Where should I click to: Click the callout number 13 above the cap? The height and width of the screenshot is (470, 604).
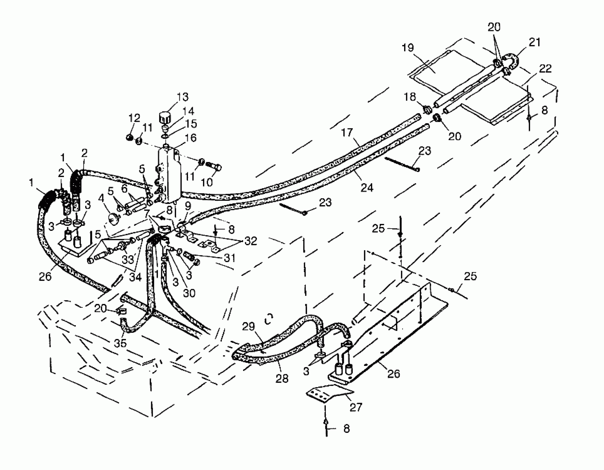point(182,97)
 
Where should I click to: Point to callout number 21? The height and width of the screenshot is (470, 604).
point(534,42)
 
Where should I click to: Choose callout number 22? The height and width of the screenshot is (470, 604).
point(545,69)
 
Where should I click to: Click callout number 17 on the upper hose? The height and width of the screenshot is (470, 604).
point(347,132)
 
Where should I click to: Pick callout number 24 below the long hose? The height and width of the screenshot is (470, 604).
point(367,187)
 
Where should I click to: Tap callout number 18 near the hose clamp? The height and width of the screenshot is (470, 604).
point(410,97)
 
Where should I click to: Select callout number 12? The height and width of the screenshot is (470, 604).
point(134,118)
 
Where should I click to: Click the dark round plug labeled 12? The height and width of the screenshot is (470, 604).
point(129,137)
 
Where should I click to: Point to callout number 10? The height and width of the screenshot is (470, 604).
point(207,182)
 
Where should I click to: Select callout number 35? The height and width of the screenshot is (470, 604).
point(120,343)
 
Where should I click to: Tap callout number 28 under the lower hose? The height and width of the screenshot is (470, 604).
point(282,378)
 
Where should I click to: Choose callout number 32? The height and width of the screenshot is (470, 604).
point(251,241)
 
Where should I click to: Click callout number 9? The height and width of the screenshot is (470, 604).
point(188,206)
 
